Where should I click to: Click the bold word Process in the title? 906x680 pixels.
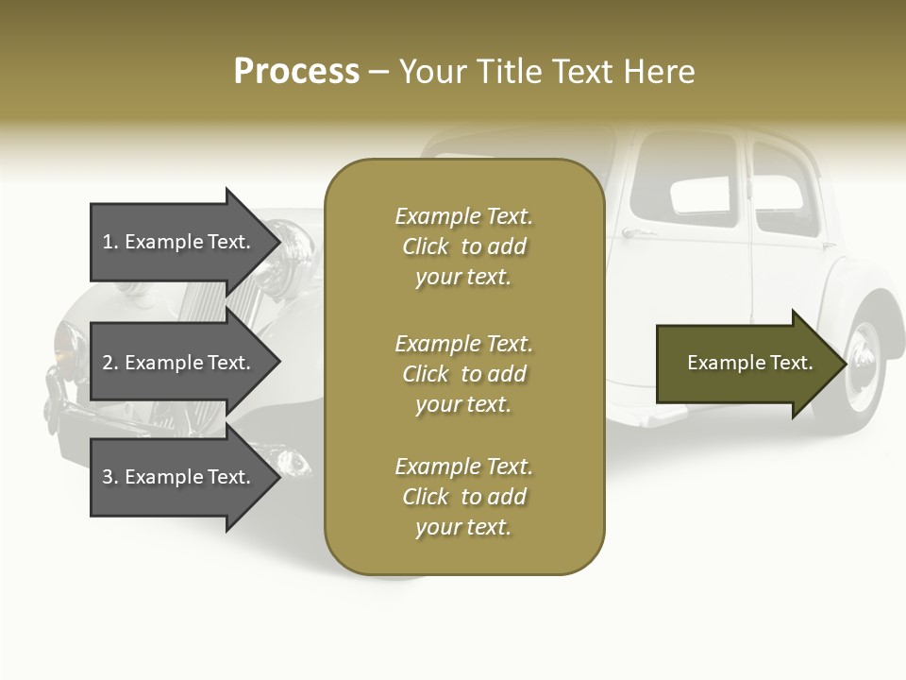[x=296, y=72]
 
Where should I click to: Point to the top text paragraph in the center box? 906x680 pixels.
[x=463, y=246]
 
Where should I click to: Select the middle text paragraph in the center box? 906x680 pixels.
[x=463, y=374]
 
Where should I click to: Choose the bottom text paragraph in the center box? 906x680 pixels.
[x=463, y=497]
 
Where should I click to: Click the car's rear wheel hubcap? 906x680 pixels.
[x=863, y=364]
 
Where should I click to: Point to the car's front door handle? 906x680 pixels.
[x=638, y=232]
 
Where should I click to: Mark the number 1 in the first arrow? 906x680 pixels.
[x=108, y=242]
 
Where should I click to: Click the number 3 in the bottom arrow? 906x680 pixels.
[x=108, y=477]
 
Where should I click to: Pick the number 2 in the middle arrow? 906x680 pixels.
[x=108, y=363]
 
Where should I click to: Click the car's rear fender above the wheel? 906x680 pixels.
[x=873, y=302]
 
